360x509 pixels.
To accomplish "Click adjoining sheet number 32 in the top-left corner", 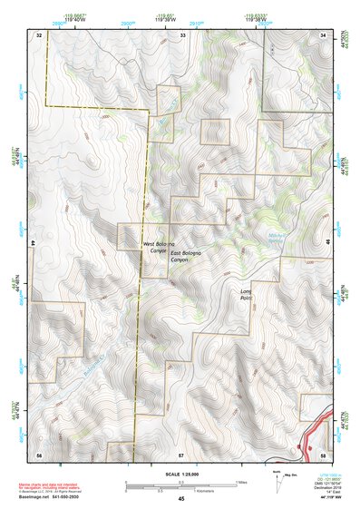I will click(x=39, y=34).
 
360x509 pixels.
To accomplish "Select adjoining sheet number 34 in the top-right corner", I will click(x=324, y=34).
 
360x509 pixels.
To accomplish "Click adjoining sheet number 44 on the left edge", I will click(x=34, y=244).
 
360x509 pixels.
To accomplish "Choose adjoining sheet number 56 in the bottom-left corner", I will click(x=39, y=454).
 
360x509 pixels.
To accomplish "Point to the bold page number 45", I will click(x=181, y=499).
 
